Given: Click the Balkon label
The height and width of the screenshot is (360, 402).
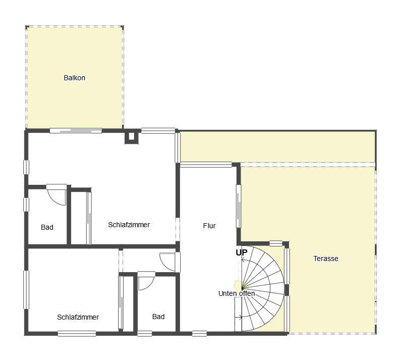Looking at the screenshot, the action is click(x=74, y=78).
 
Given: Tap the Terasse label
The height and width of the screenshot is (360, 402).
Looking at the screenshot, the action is click(x=326, y=259).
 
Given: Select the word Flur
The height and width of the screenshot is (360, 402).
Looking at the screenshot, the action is click(x=209, y=226).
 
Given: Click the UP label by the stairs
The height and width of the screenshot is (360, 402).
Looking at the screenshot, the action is click(x=242, y=252).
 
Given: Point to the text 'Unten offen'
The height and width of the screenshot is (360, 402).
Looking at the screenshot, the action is click(x=237, y=293).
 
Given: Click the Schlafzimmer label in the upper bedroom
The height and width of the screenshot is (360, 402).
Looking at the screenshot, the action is click(x=129, y=225).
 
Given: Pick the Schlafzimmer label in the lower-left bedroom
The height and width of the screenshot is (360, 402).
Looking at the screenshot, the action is click(x=78, y=317).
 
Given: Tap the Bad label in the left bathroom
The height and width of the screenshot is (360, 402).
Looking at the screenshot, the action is click(x=47, y=227).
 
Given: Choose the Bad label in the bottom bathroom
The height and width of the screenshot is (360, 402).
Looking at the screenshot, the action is click(x=158, y=317).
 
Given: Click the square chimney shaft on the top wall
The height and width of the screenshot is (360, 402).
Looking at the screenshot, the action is click(x=131, y=136).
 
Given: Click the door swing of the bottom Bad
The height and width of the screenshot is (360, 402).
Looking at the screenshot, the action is click(x=146, y=280).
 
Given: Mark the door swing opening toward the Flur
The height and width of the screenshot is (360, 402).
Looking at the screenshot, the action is click(x=168, y=262).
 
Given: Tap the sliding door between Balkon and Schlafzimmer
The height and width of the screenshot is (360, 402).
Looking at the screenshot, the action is click(x=76, y=131).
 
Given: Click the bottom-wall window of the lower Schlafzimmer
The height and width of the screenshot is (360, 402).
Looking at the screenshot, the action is click(x=77, y=334).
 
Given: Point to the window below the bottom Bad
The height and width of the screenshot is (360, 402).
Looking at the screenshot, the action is click(x=145, y=334).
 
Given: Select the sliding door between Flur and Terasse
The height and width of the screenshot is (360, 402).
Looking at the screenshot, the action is click(x=239, y=207).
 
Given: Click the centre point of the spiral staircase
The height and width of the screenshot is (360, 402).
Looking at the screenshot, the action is click(x=242, y=288).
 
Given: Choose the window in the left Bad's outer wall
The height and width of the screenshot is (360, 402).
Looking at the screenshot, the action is click(x=26, y=204).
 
